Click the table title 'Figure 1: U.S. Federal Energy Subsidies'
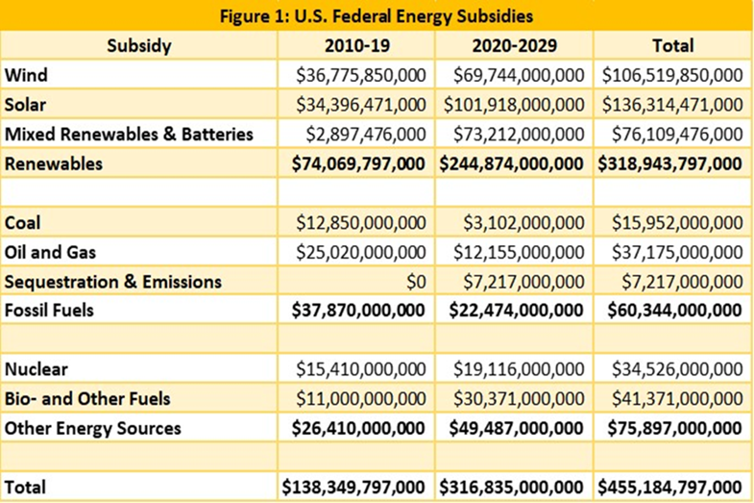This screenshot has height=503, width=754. click(x=377, y=16)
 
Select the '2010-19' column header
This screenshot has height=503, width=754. click(x=356, y=46)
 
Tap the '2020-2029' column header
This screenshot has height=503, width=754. click(x=514, y=46)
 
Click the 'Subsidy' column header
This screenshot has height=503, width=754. click(x=139, y=46)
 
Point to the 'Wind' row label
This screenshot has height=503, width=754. click(x=26, y=75)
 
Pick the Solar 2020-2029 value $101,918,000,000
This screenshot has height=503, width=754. click(x=514, y=105)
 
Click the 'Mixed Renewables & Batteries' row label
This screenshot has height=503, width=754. click(x=129, y=135)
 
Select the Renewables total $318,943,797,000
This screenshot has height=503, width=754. click(x=669, y=164)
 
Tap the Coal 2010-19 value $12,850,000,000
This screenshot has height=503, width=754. click(x=360, y=223)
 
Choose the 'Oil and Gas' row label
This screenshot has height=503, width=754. click(x=50, y=252)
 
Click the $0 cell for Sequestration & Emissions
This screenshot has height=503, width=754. click(x=416, y=282)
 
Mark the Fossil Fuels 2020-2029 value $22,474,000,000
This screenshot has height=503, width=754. click(x=516, y=311)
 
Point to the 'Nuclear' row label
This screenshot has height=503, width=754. click(x=36, y=369)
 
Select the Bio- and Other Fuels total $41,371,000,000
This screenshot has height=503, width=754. click(x=677, y=399)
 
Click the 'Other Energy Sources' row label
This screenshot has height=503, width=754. click(x=93, y=428)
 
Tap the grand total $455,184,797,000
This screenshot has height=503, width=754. click(x=669, y=487)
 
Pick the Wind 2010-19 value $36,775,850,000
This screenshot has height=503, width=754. click(x=360, y=76)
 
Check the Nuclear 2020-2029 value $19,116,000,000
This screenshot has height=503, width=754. click(x=519, y=369)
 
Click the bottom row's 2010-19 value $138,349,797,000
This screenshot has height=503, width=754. click(x=353, y=487)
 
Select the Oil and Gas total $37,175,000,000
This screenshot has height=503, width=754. click(x=677, y=253)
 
